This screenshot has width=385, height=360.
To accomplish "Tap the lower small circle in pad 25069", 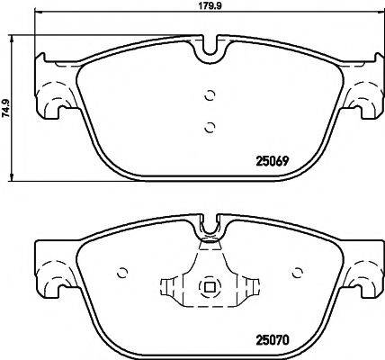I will coord(209,126).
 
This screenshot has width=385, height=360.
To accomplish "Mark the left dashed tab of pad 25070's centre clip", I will coord(170,288).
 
